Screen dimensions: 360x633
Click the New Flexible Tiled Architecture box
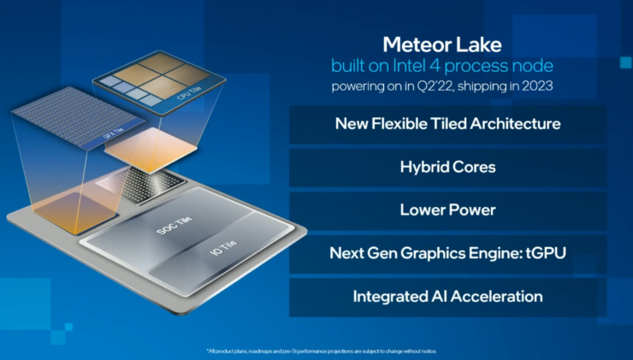(447, 123)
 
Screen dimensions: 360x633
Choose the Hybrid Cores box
(447, 167)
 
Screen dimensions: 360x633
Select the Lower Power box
(447, 210)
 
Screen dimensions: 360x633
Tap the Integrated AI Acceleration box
(447, 297)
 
